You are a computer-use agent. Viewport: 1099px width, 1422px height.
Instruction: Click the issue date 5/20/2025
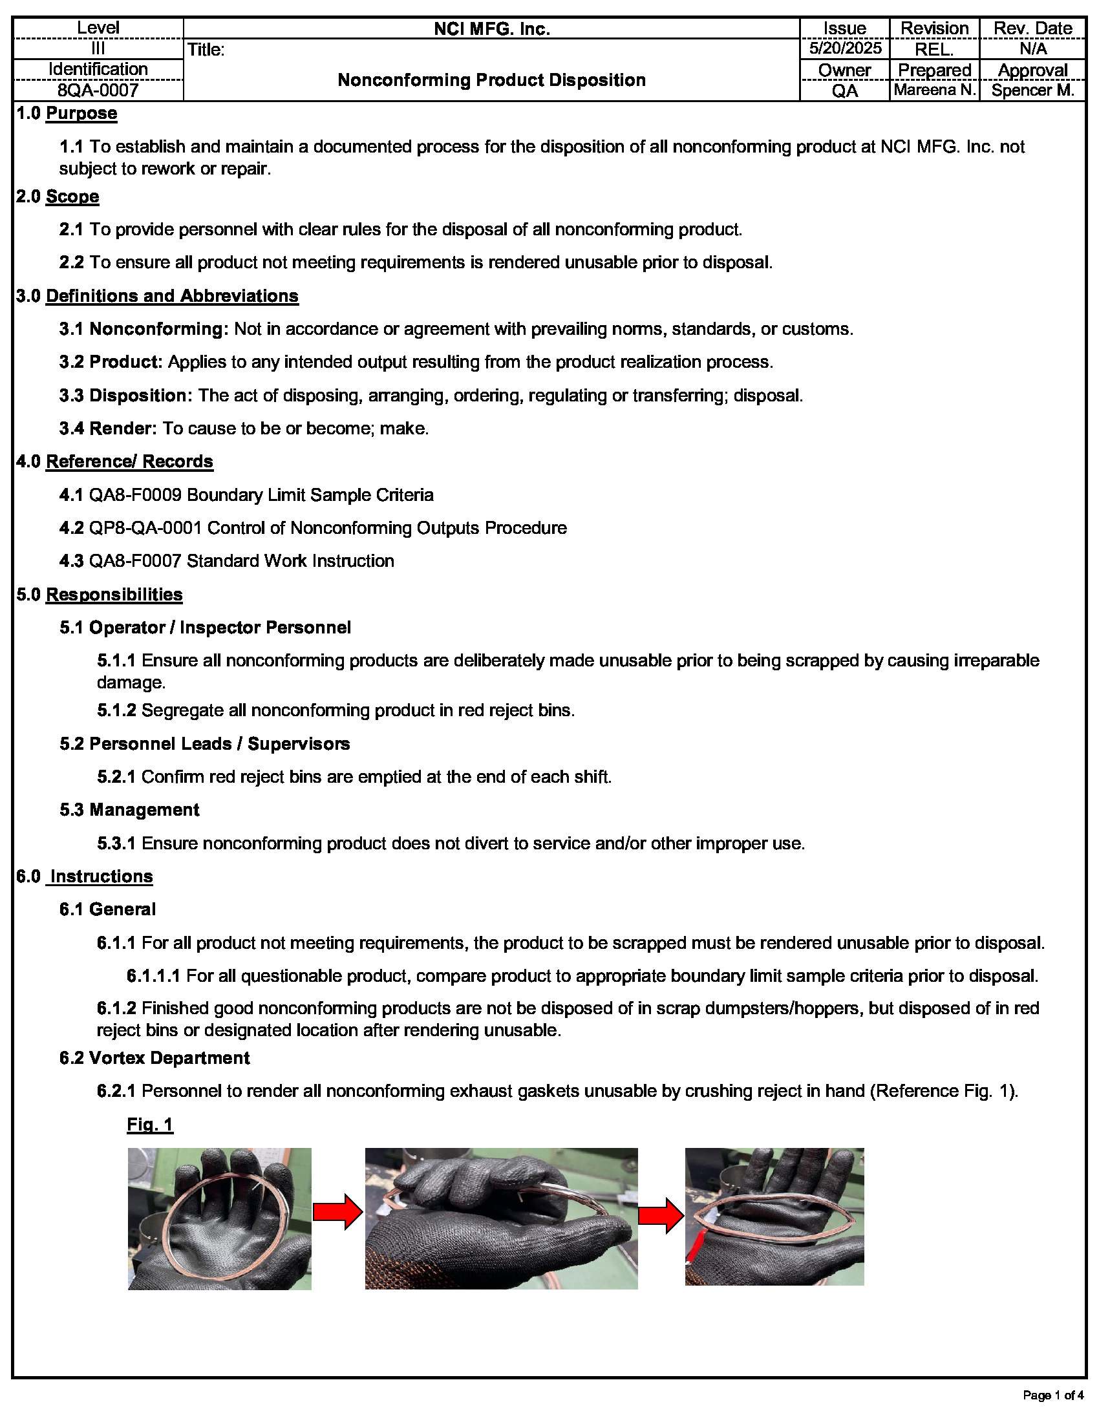pyautogui.click(x=844, y=48)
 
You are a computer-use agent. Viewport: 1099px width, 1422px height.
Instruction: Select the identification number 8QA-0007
pyautogui.click(x=98, y=90)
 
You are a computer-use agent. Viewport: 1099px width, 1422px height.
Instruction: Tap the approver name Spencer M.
pyautogui.click(x=1032, y=90)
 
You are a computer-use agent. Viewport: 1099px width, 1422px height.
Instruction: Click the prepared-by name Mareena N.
pyautogui.click(x=934, y=90)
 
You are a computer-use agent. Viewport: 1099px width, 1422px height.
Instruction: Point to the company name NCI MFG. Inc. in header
pyautogui.click(x=491, y=28)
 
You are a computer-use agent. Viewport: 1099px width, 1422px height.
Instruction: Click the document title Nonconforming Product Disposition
pyautogui.click(x=491, y=80)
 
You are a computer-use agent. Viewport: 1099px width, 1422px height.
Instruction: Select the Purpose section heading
pyautogui.click(x=81, y=113)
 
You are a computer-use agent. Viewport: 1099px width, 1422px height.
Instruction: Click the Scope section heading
pyautogui.click(x=72, y=196)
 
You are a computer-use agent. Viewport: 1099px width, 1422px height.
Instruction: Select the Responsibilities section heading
pyautogui.click(x=114, y=595)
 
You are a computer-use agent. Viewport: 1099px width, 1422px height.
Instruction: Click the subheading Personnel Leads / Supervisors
pyautogui.click(x=219, y=743)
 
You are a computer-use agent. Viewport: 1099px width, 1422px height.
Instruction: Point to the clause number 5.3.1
pyautogui.click(x=116, y=843)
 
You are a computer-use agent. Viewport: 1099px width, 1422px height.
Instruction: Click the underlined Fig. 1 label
pyautogui.click(x=150, y=1125)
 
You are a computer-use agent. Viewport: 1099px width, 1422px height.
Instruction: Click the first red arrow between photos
pyautogui.click(x=337, y=1212)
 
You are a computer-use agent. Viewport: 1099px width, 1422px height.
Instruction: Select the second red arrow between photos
pyautogui.click(x=660, y=1216)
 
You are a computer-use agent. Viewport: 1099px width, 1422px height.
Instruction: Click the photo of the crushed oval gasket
pyautogui.click(x=773, y=1216)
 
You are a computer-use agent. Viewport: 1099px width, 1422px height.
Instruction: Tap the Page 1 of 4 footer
pyautogui.click(x=1052, y=1395)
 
